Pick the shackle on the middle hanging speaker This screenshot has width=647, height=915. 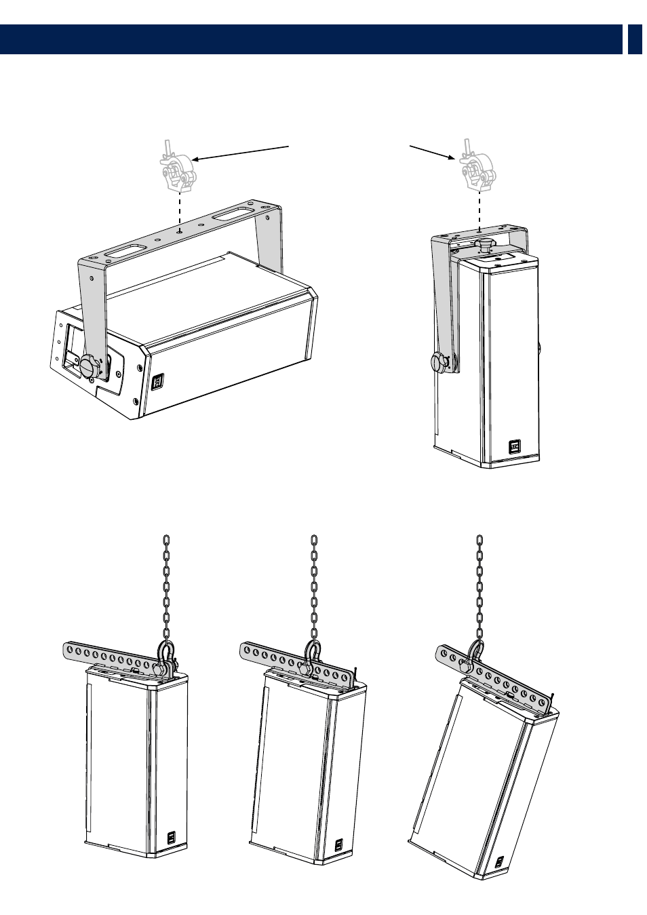click(x=312, y=657)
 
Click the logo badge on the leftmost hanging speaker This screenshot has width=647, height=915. click(x=170, y=839)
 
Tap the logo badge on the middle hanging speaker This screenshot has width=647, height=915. click(x=338, y=846)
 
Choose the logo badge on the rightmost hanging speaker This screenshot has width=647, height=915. click(x=498, y=861)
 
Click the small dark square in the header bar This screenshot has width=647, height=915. click(x=634, y=39)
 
